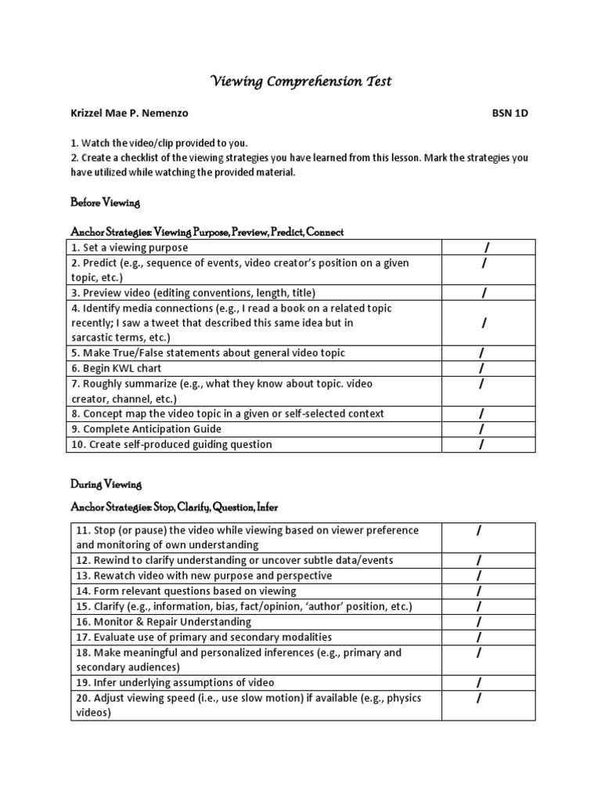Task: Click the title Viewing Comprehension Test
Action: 300,81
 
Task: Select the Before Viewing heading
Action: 105,203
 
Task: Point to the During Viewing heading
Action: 106,485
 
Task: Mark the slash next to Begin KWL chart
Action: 482,368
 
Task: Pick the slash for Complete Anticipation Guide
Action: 482,429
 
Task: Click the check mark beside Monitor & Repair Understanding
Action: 479,622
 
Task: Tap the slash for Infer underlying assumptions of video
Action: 479,683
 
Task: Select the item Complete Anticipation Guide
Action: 146,429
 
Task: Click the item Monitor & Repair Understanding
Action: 164,622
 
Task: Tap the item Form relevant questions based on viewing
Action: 186,591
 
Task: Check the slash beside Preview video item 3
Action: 484,293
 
